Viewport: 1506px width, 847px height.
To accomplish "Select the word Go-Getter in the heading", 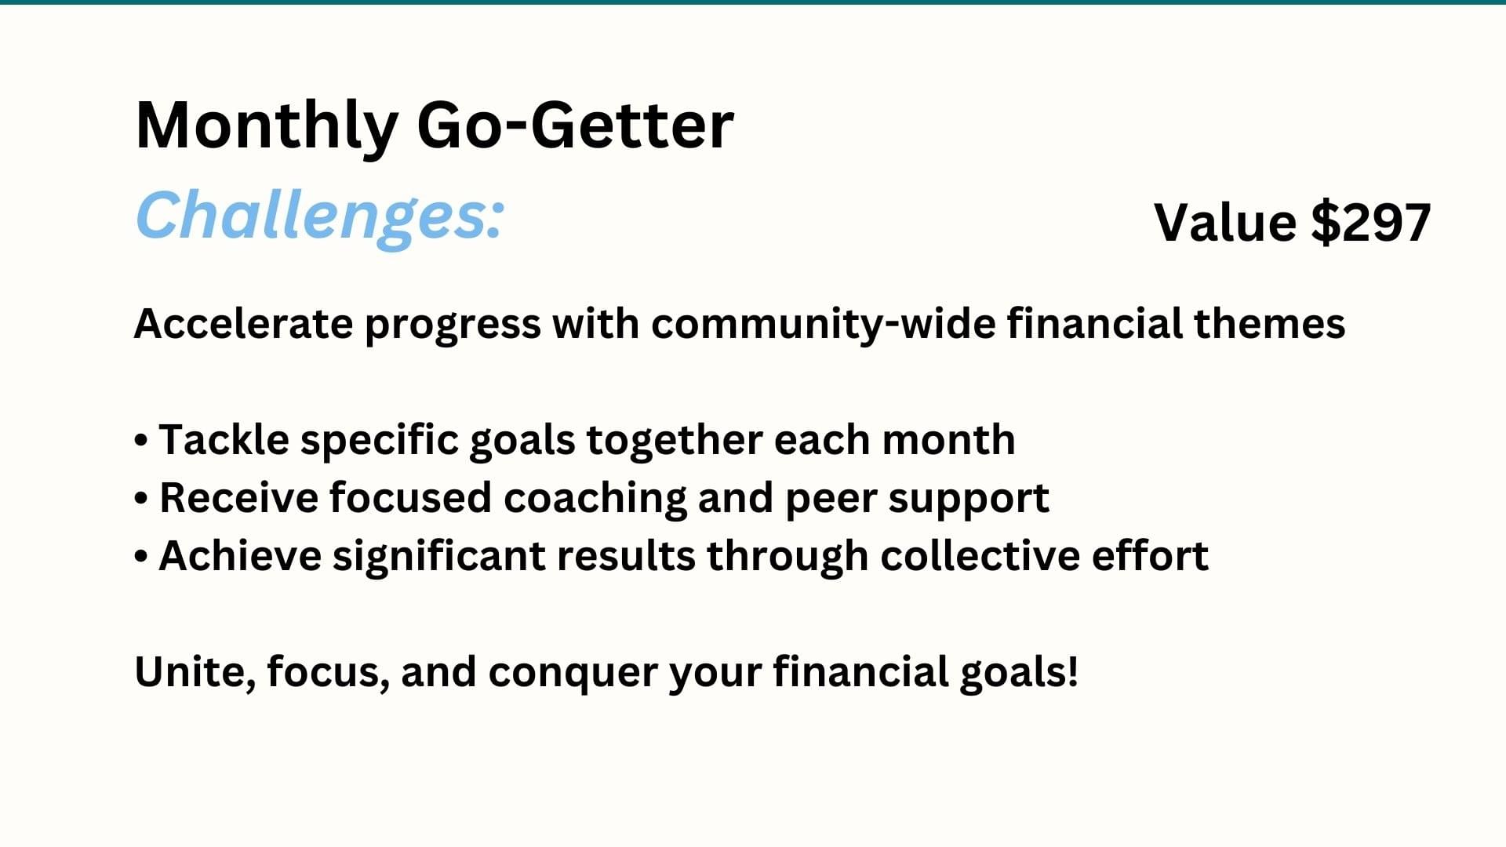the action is point(575,125).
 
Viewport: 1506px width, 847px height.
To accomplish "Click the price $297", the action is point(1371,222).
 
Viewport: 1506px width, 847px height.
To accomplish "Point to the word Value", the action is point(1225,222).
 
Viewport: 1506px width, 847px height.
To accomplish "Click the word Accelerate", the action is point(244,323).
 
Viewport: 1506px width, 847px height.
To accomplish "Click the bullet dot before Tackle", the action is point(141,441).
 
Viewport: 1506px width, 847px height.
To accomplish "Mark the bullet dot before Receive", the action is point(141,499).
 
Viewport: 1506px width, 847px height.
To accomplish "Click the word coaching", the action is point(595,500).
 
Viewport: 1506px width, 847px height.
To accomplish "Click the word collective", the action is point(980,555).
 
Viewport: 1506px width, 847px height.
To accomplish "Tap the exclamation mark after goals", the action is point(1072,672).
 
